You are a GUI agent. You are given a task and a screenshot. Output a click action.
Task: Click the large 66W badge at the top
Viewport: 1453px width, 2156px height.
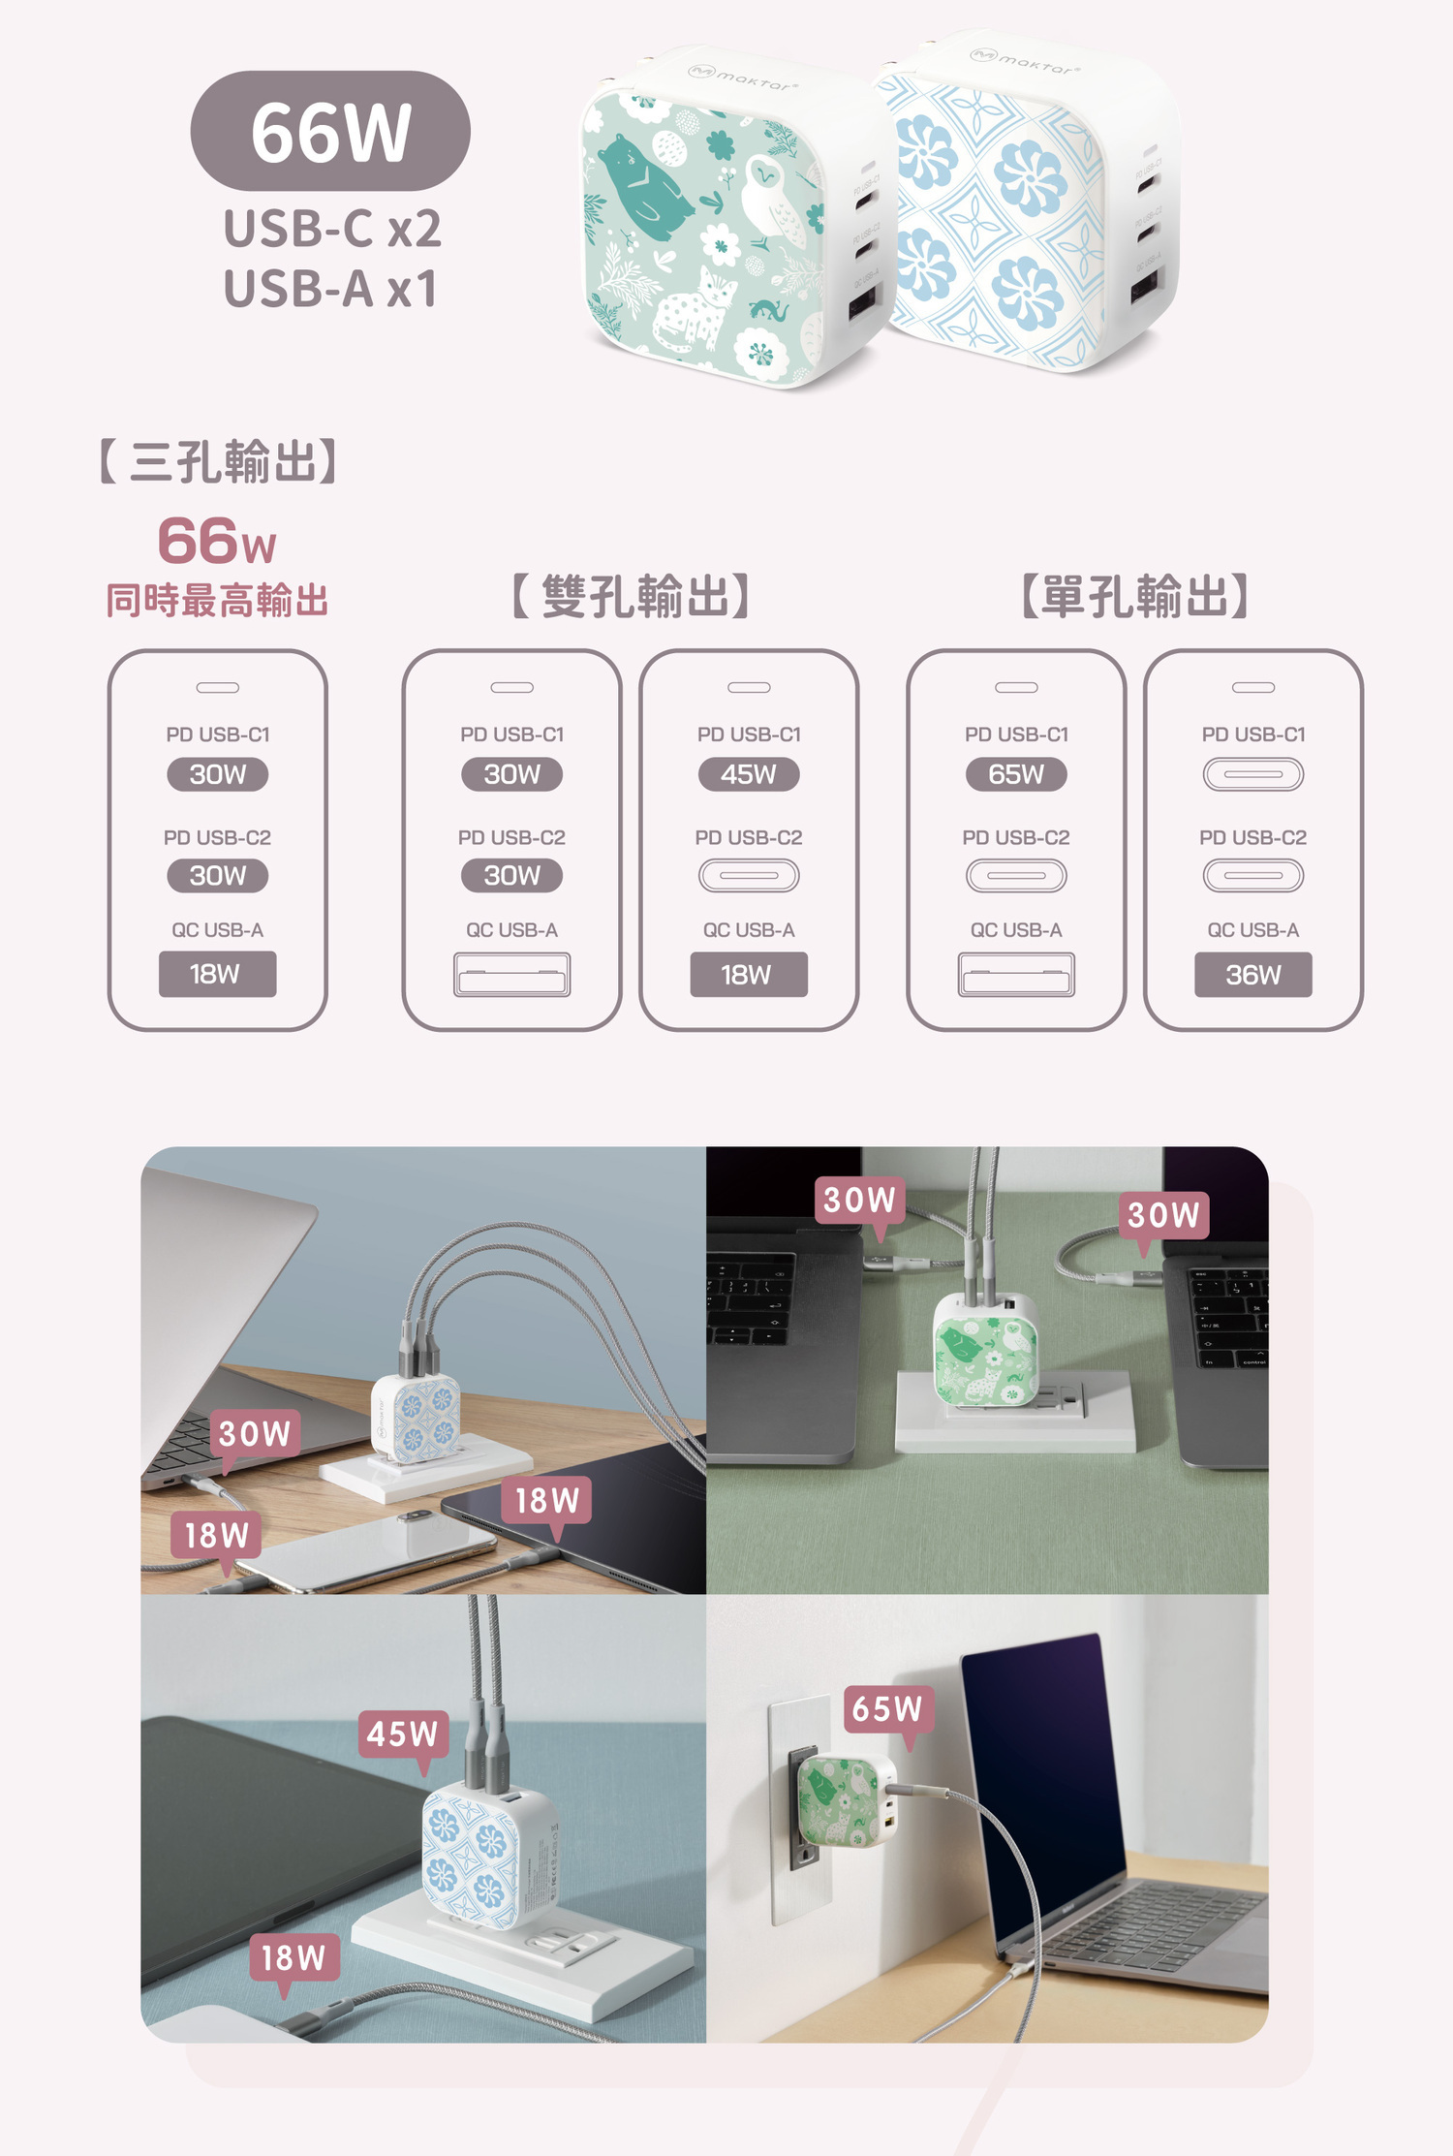pos(330,131)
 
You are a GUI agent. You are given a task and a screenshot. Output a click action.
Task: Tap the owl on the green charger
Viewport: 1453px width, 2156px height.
pos(770,203)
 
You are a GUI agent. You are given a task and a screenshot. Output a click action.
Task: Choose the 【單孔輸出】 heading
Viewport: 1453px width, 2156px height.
pos(1134,596)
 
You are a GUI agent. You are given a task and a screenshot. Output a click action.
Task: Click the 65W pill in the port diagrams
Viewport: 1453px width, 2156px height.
pos(1016,774)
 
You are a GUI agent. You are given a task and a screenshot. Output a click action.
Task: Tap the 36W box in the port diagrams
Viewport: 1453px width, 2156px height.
pos(1252,975)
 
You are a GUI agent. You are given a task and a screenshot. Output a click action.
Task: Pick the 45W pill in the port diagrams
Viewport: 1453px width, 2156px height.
pos(749,774)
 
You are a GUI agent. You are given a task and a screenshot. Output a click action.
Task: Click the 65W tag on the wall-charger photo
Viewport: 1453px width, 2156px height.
pos(887,1709)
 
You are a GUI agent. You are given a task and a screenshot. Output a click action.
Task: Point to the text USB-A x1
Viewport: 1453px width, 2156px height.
pos(330,289)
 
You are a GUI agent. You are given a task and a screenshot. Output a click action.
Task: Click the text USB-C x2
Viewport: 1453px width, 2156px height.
pos(332,229)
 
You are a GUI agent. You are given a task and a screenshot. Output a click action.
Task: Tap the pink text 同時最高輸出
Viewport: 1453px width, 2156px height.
pos(217,601)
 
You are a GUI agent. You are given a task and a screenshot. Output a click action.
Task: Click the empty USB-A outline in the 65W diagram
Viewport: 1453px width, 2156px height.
pos(1016,975)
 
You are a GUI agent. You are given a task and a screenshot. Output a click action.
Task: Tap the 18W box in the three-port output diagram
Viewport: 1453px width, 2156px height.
pos(217,975)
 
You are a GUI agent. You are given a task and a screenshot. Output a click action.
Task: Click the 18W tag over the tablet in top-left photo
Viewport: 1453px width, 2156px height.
pos(547,1501)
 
